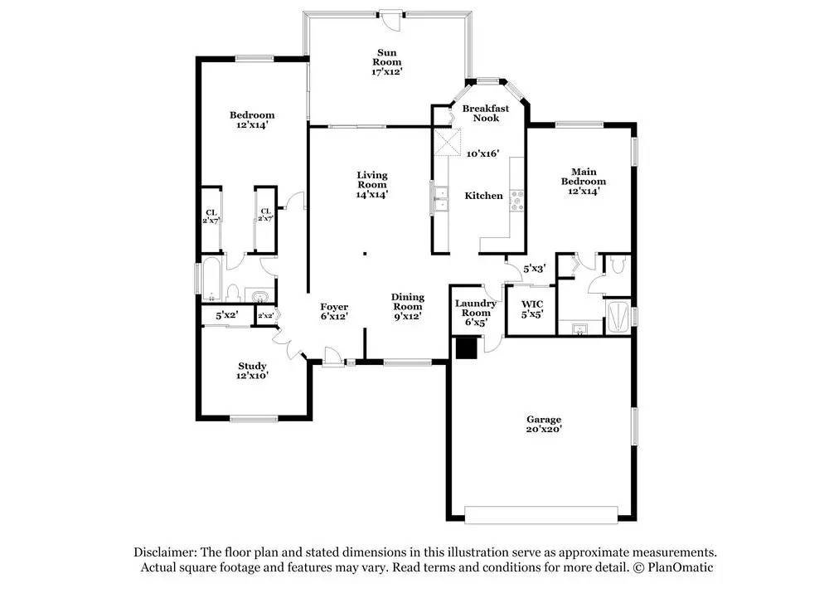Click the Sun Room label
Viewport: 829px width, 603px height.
coord(387,57)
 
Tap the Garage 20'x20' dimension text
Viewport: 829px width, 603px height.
coord(544,429)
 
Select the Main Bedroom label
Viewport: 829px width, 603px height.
coord(584,177)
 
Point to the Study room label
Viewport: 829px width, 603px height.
coord(252,366)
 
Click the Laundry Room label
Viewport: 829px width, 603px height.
coord(476,308)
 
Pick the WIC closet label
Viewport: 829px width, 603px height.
coord(532,304)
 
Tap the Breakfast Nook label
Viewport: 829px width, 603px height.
coord(486,113)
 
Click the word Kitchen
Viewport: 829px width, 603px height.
coord(484,196)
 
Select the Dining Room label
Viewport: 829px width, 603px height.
coord(408,302)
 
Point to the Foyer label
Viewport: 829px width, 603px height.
coord(334,307)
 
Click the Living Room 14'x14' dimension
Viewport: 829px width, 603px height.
coord(372,194)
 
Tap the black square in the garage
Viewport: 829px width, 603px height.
coord(467,349)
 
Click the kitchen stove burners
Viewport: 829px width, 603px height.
coord(516,201)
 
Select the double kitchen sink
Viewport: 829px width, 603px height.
coord(440,199)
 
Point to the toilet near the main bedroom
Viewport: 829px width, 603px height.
coord(617,264)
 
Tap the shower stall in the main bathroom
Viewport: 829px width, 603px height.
coord(618,317)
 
